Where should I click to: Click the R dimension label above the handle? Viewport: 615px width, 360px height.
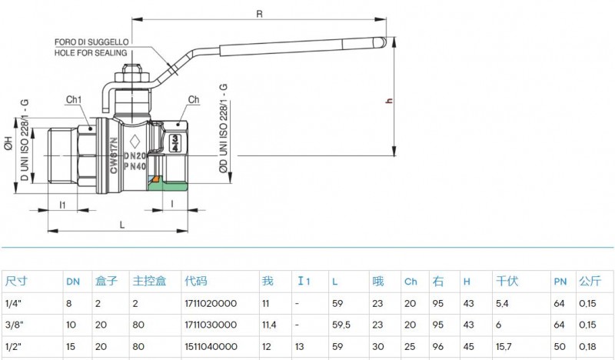(259, 14)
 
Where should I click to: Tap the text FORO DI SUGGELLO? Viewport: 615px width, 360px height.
(91, 42)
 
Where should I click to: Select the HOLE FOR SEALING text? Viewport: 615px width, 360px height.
(91, 53)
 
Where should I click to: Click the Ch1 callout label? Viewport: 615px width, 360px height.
(73, 100)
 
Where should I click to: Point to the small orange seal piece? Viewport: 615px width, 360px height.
(156, 179)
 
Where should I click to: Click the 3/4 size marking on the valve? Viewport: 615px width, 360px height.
(175, 143)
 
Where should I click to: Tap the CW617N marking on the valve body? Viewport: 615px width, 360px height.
(114, 155)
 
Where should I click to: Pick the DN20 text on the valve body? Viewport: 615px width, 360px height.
(135, 156)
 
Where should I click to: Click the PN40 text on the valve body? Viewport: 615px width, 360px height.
(135, 166)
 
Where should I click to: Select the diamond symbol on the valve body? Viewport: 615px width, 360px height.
(135, 141)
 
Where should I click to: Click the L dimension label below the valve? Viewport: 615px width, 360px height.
(122, 225)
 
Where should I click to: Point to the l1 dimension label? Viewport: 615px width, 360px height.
(62, 205)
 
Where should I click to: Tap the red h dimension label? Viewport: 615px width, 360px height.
(389, 101)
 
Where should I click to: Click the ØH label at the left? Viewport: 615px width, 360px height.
(8, 143)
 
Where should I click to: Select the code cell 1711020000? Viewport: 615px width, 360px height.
(211, 304)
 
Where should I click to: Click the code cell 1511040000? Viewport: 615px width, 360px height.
(211, 347)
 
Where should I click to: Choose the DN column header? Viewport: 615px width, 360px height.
(73, 282)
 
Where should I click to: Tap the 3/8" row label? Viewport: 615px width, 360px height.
(14, 325)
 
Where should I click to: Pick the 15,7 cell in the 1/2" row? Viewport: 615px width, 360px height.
(504, 347)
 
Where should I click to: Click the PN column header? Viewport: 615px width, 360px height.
(560, 282)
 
